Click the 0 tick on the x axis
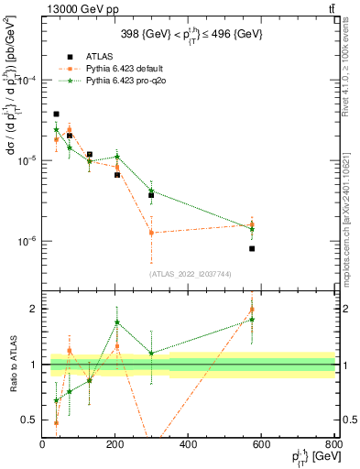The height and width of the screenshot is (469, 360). tap(42, 445)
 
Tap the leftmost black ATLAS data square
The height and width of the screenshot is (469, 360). tap(56, 115)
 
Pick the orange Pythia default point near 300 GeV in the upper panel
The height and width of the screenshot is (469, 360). tap(152, 233)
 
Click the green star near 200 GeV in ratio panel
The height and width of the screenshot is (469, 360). tap(117, 322)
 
